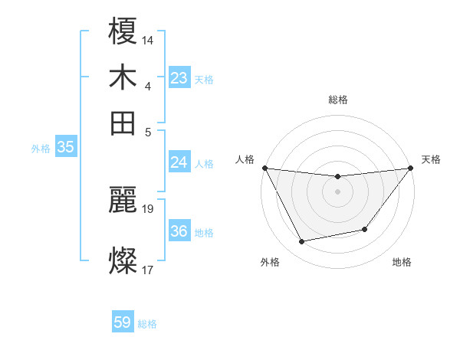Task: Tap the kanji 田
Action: coord(123,123)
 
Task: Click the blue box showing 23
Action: coord(179,77)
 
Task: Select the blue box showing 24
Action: coord(179,162)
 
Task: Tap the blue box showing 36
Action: coord(179,231)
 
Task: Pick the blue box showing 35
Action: coord(65,148)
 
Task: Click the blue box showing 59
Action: coord(123,322)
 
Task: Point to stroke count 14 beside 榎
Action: coord(148,38)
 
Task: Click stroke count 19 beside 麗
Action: coord(148,208)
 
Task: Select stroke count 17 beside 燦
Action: coord(148,269)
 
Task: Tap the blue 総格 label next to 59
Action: coord(147,324)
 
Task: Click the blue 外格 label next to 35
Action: coord(40,149)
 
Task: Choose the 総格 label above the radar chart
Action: coord(337,100)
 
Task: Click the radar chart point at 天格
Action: coord(410,168)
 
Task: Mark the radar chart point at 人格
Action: coord(264,168)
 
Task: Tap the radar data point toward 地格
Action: coord(366,229)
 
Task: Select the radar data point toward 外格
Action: coord(301,242)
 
